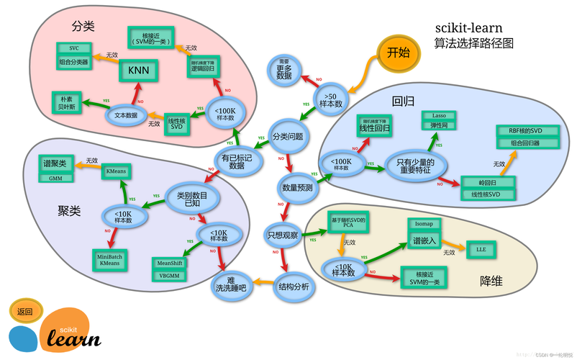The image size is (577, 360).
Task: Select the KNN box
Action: pyautogui.click(x=138, y=71)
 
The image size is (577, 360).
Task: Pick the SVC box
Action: pyautogui.click(x=74, y=48)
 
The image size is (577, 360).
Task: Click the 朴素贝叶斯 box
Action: pyautogui.click(x=68, y=102)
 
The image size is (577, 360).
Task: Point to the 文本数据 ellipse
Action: pyautogui.click(x=126, y=114)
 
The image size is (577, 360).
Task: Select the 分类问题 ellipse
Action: pyautogui.click(x=287, y=135)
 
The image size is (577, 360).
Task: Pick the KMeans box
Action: pyautogui.click(x=116, y=171)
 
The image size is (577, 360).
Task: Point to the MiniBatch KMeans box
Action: pyautogui.click(x=109, y=259)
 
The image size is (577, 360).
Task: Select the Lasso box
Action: pyautogui.click(x=439, y=115)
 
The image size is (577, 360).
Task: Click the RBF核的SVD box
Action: pyautogui.click(x=524, y=131)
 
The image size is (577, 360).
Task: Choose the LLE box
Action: pyautogui.click(x=481, y=248)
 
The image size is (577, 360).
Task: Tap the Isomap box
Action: pyautogui.click(x=424, y=223)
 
